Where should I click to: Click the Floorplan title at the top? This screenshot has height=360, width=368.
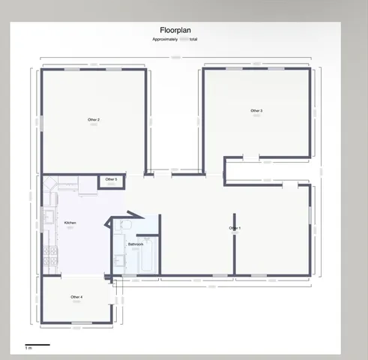click(x=175, y=31)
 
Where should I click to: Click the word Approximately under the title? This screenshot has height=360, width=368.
click(x=166, y=39)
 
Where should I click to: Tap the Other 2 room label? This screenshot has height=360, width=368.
click(x=94, y=119)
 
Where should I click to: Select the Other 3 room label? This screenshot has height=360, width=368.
click(x=256, y=111)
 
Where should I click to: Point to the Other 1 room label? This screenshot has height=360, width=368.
click(x=235, y=228)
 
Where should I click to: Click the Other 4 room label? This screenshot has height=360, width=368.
click(x=76, y=297)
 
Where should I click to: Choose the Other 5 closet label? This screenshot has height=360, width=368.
click(x=111, y=179)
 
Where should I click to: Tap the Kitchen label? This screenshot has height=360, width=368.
click(x=70, y=223)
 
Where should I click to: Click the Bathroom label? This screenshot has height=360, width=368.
click(x=135, y=244)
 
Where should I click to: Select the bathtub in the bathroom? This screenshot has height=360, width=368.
click(x=148, y=256)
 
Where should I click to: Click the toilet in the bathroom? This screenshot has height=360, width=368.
click(x=126, y=225)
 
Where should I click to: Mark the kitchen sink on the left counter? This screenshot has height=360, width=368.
click(x=49, y=217)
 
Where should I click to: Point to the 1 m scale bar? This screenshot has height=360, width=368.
click(x=37, y=345)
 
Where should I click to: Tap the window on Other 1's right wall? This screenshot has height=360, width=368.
click(x=310, y=214)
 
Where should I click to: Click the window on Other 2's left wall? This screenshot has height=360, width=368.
click(x=41, y=120)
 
